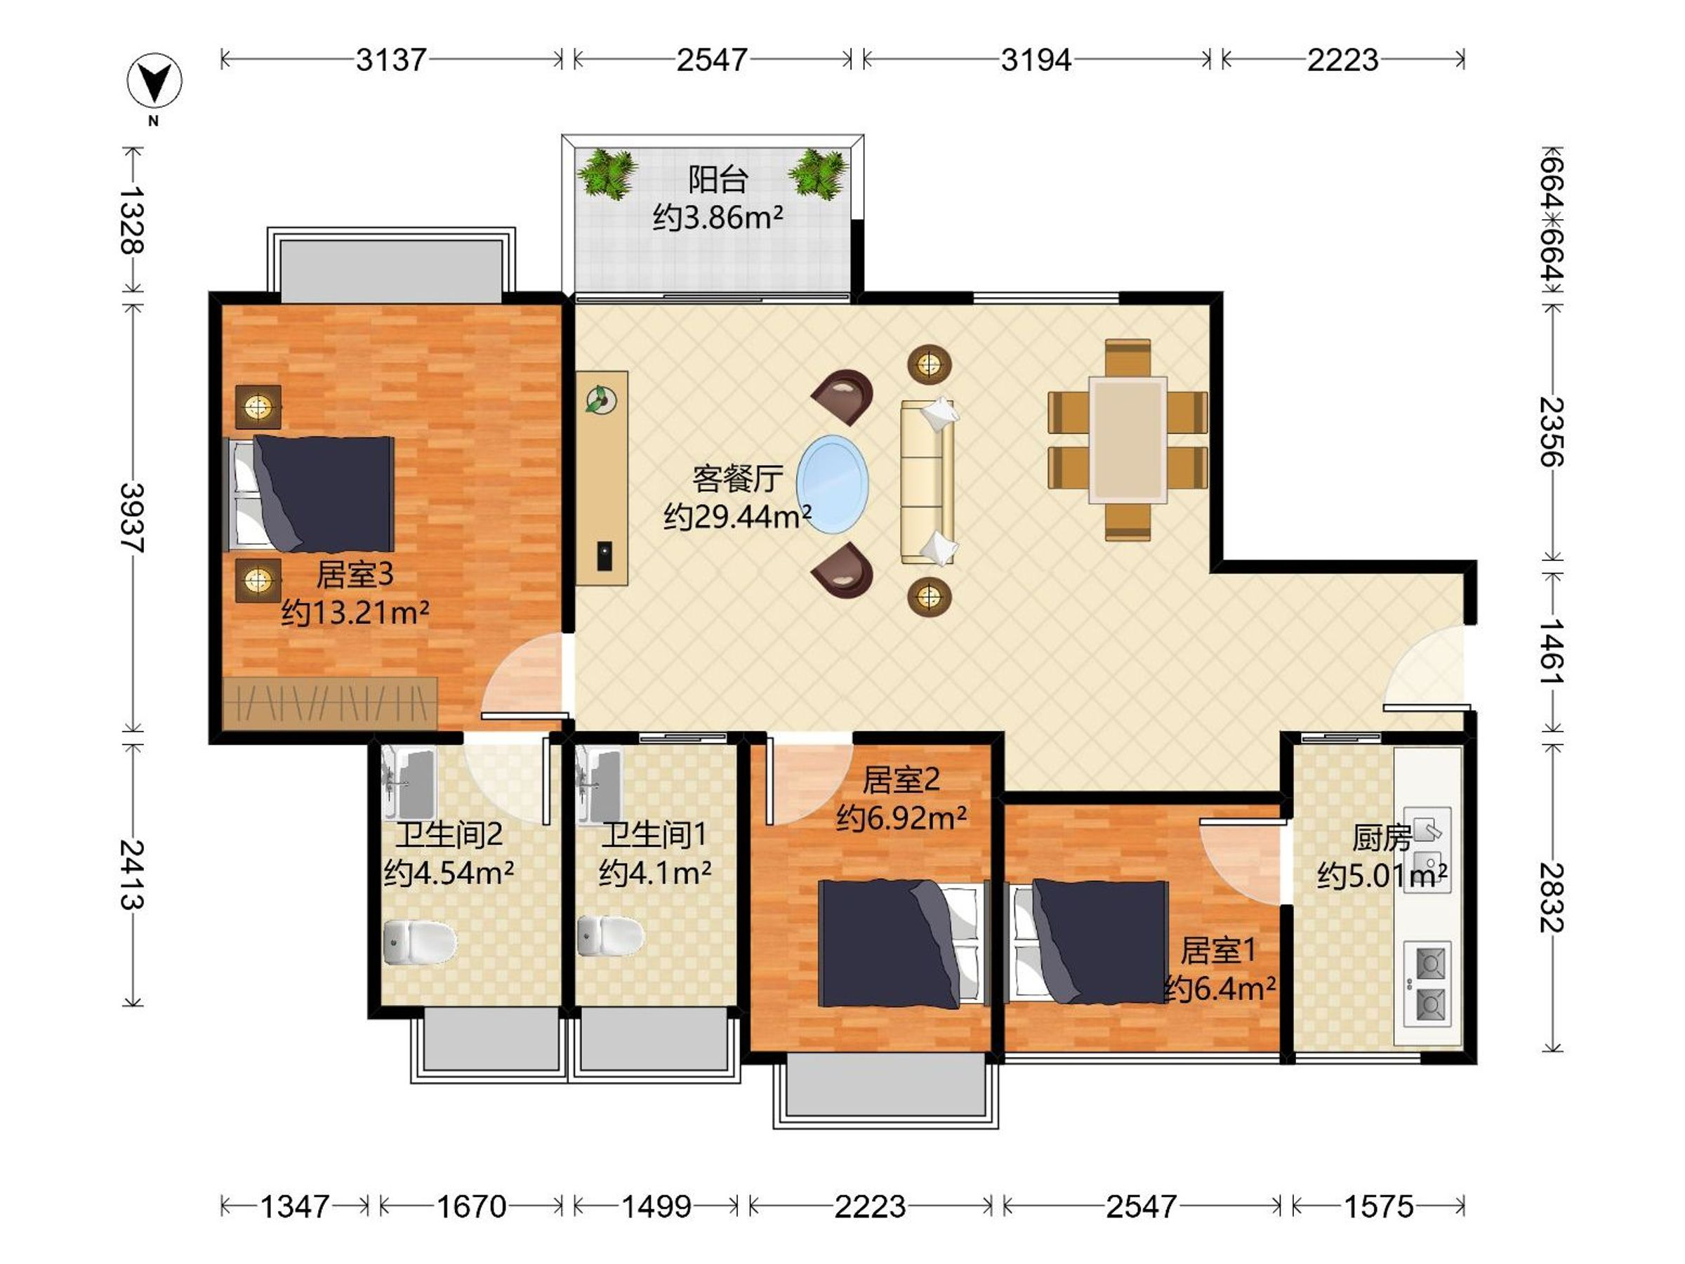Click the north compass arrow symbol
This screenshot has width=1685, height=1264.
pyautogui.click(x=154, y=80)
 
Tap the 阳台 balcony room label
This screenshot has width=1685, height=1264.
pyautogui.click(x=718, y=180)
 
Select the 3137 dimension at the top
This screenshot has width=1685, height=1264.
pyautogui.click(x=391, y=60)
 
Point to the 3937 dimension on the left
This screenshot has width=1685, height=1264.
pyautogui.click(x=133, y=518)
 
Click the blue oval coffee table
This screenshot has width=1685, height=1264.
pyautogui.click(x=833, y=484)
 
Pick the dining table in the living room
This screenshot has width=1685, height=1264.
pyautogui.click(x=1128, y=440)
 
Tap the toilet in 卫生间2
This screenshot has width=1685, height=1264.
pyautogui.click(x=418, y=942)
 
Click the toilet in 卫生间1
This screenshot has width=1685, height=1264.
pyautogui.click(x=609, y=935)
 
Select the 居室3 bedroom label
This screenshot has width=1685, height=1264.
pyautogui.click(x=355, y=574)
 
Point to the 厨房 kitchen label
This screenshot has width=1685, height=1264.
pyautogui.click(x=1380, y=838)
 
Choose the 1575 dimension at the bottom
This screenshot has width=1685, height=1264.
pyautogui.click(x=1378, y=1206)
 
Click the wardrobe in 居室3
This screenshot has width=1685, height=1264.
pyautogui.click(x=331, y=703)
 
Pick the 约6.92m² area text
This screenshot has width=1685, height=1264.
pyautogui.click(x=902, y=817)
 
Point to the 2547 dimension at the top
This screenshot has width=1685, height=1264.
pyautogui.click(x=711, y=60)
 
